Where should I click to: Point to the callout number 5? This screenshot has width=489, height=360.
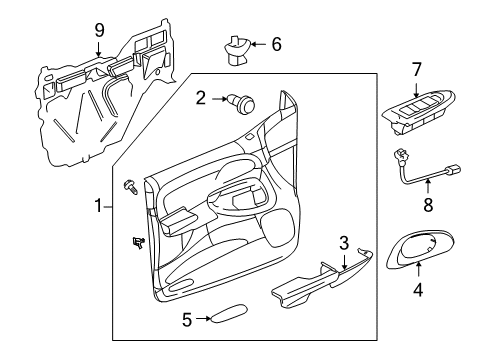(x=186, y=320)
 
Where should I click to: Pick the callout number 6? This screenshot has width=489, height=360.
(x=277, y=44)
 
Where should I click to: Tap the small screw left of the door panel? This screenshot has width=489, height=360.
(x=131, y=187)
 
